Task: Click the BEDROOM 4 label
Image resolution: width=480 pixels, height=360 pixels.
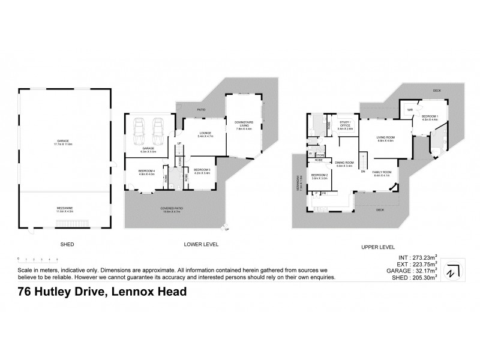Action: click(146, 172)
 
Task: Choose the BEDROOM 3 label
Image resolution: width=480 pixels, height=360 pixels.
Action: click(201, 171)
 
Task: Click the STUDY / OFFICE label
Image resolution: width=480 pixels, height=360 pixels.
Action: click(345, 126)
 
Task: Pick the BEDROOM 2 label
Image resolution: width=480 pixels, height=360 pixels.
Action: click(319, 176)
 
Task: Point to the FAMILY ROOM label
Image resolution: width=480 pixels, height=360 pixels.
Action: click(382, 173)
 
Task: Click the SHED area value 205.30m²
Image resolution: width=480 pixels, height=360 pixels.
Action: click(424, 278)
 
